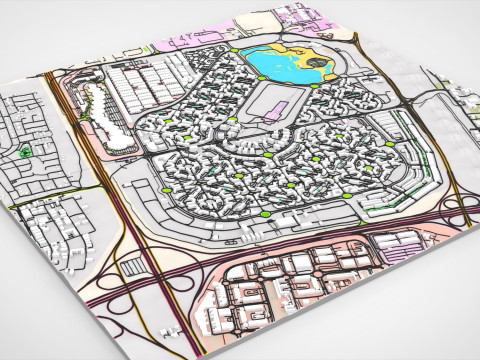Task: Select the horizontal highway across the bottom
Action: [x=300, y=244]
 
